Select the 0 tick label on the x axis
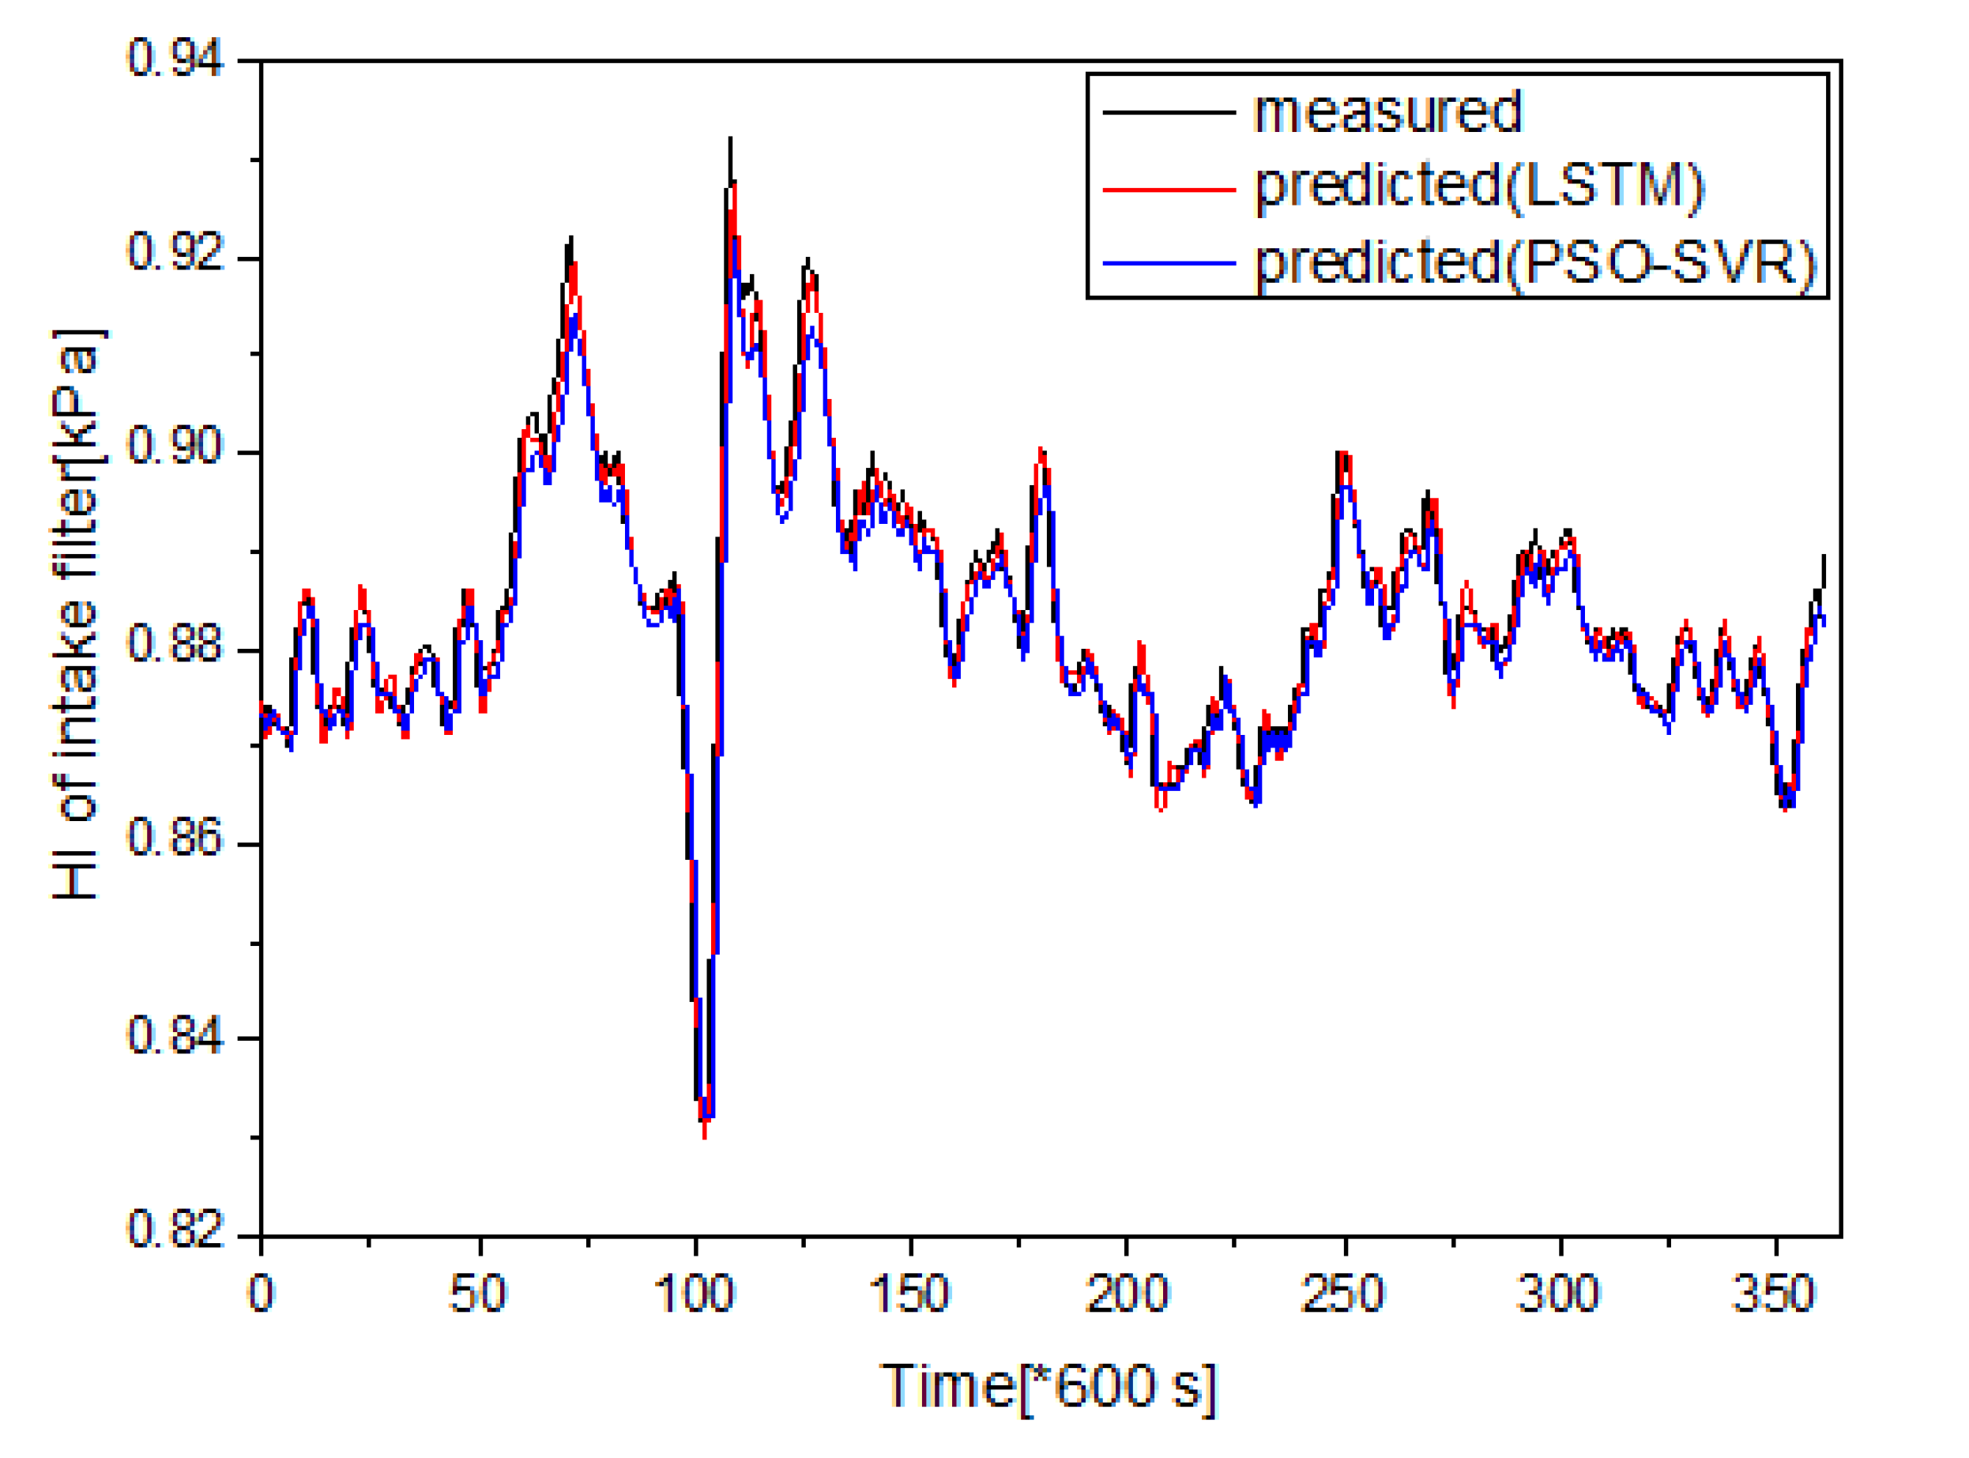[x=262, y=1294]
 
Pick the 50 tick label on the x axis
[x=477, y=1294]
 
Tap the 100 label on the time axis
[x=695, y=1294]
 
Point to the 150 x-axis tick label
[x=910, y=1294]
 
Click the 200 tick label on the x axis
[x=1127, y=1294]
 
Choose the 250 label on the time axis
[x=1343, y=1294]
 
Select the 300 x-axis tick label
[x=1559, y=1294]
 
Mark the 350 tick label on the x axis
[x=1774, y=1294]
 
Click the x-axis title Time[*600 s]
[x=1049, y=1387]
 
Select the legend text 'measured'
[x=1387, y=112]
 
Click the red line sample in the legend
[x=1169, y=189]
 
